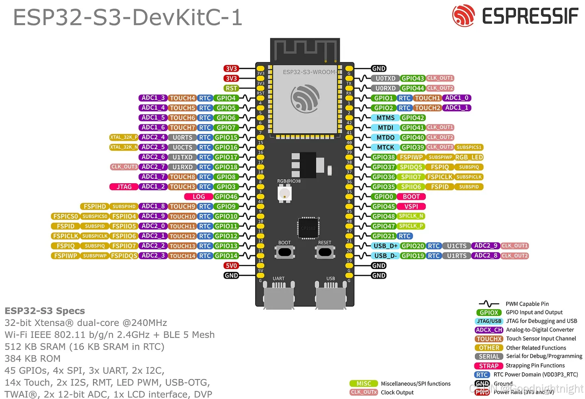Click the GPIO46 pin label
coord(226,197)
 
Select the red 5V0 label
coord(231,266)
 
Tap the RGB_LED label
coord(469,157)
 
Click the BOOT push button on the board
coord(285,252)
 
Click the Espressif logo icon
coord(464,16)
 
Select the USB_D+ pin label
coord(386,246)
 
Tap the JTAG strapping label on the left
coord(124,187)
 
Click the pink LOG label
coord(199,197)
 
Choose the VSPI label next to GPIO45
coord(411,206)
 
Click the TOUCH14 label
coord(182,256)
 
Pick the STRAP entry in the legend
coord(489,366)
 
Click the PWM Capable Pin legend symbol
coord(489,304)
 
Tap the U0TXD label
coord(385,78)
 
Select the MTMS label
coord(385,118)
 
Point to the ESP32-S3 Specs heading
coord(45,311)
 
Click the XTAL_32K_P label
coord(123,137)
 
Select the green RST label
coord(231,88)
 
